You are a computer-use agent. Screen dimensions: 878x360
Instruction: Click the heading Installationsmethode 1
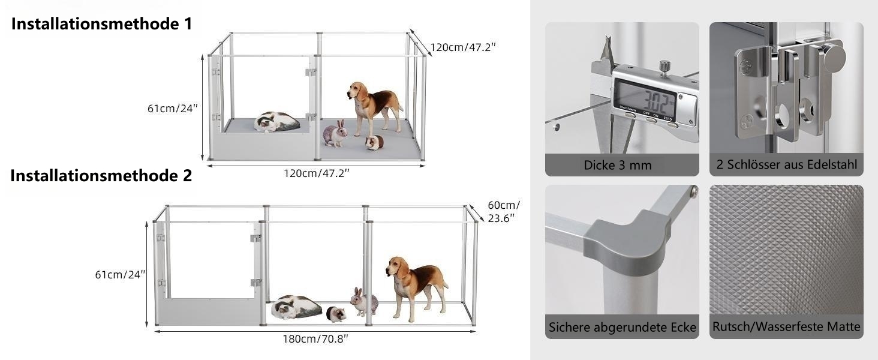click(x=102, y=24)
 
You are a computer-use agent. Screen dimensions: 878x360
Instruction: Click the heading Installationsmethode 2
click(x=101, y=176)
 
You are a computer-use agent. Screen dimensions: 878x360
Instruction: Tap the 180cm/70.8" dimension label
click(x=315, y=339)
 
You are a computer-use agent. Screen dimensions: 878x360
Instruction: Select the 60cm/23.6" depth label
click(x=504, y=212)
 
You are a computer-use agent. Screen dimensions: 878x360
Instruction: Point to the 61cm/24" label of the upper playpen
click(x=173, y=108)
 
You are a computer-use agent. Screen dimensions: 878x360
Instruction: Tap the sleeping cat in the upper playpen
click(x=276, y=122)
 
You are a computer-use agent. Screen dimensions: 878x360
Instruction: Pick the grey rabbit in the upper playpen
click(x=335, y=134)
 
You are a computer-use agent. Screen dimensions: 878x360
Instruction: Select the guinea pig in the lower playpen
click(x=336, y=314)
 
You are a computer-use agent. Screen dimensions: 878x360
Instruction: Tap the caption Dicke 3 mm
click(x=618, y=165)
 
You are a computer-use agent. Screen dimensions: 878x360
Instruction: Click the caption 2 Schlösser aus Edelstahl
click(x=787, y=165)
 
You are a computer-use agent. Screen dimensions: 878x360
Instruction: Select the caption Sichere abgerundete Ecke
click(x=622, y=327)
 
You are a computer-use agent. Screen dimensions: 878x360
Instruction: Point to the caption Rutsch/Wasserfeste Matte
click(x=786, y=326)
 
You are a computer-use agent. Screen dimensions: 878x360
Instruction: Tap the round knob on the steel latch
click(x=833, y=58)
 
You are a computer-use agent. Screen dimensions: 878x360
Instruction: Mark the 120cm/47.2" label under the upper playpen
click(x=316, y=173)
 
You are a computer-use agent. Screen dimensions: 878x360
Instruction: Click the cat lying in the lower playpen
click(x=296, y=307)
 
